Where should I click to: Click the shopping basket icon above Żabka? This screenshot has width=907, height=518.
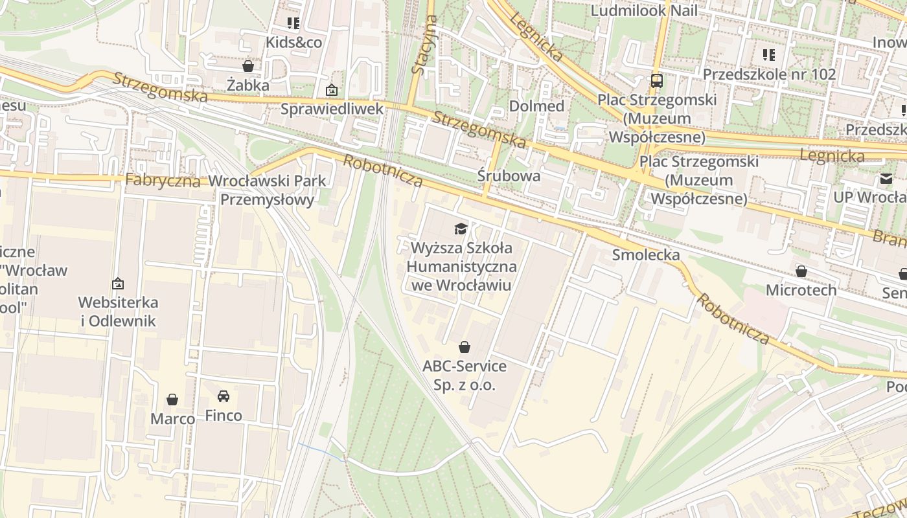point(247,66)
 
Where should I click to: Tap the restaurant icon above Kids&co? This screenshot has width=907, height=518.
point(293,23)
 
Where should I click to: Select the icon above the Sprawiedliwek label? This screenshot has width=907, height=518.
point(332,90)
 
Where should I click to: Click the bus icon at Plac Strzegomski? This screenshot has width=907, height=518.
point(656,81)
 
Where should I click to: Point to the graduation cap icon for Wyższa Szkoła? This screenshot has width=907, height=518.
point(461,229)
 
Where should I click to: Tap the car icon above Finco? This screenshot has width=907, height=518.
point(224,396)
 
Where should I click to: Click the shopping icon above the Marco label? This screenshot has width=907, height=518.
point(172,400)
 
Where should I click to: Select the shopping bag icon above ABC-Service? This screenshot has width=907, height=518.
point(464,347)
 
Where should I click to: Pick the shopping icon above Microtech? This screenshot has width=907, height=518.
point(801,271)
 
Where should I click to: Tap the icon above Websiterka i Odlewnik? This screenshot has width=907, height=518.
point(118,284)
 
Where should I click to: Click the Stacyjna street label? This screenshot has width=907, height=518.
point(423,45)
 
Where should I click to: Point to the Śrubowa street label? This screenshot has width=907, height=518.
point(509,175)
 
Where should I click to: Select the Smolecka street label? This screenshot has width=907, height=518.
point(646,255)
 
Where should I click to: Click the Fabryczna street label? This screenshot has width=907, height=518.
point(163,180)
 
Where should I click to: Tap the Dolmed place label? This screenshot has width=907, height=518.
point(536,106)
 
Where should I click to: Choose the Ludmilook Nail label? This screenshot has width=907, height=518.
point(644,11)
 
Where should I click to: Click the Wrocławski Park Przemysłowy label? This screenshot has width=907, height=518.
point(267,190)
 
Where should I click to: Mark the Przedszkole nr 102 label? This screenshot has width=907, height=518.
point(769,74)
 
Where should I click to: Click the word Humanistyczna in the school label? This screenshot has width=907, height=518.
point(461,266)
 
